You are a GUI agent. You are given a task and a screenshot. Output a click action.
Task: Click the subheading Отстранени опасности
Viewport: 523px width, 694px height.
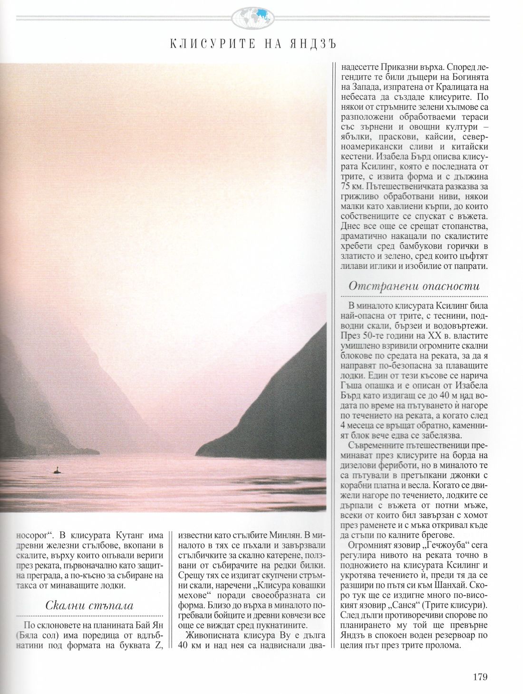pyautogui.click(x=414, y=286)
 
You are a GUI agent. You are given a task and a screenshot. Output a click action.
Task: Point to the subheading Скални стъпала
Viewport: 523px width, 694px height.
pyautogui.click(x=90, y=605)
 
